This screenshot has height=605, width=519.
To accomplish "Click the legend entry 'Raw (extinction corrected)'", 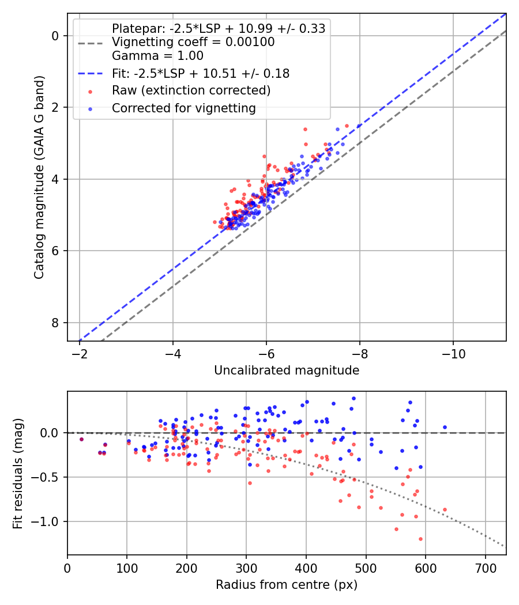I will (x=191, y=90).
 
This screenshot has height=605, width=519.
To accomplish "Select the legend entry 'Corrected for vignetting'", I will (x=184, y=108).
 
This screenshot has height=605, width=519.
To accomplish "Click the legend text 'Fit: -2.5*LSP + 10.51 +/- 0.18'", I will (x=201, y=73).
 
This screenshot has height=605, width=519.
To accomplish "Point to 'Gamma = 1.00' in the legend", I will (x=157, y=56).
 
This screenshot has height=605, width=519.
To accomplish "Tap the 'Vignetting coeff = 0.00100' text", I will (x=193, y=42).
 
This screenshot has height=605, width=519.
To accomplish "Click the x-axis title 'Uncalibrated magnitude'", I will (x=287, y=370).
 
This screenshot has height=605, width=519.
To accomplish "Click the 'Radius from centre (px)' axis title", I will (x=287, y=585).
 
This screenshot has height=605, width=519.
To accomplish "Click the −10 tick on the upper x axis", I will (x=453, y=354).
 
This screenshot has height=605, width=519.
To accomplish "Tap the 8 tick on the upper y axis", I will (x=56, y=323).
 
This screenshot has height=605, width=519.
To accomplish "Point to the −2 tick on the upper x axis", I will (x=80, y=354).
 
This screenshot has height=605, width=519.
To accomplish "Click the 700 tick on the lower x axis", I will (x=485, y=569).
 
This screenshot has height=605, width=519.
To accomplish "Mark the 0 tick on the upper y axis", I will (x=56, y=36).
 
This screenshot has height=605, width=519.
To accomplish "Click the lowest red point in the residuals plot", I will (x=420, y=539).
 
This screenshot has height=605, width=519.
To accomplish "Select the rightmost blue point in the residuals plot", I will (x=445, y=427).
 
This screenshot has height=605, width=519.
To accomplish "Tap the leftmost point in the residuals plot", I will (x=81, y=439).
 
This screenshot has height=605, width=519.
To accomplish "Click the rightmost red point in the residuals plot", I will (x=445, y=509).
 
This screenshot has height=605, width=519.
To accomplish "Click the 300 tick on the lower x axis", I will (x=246, y=569).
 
